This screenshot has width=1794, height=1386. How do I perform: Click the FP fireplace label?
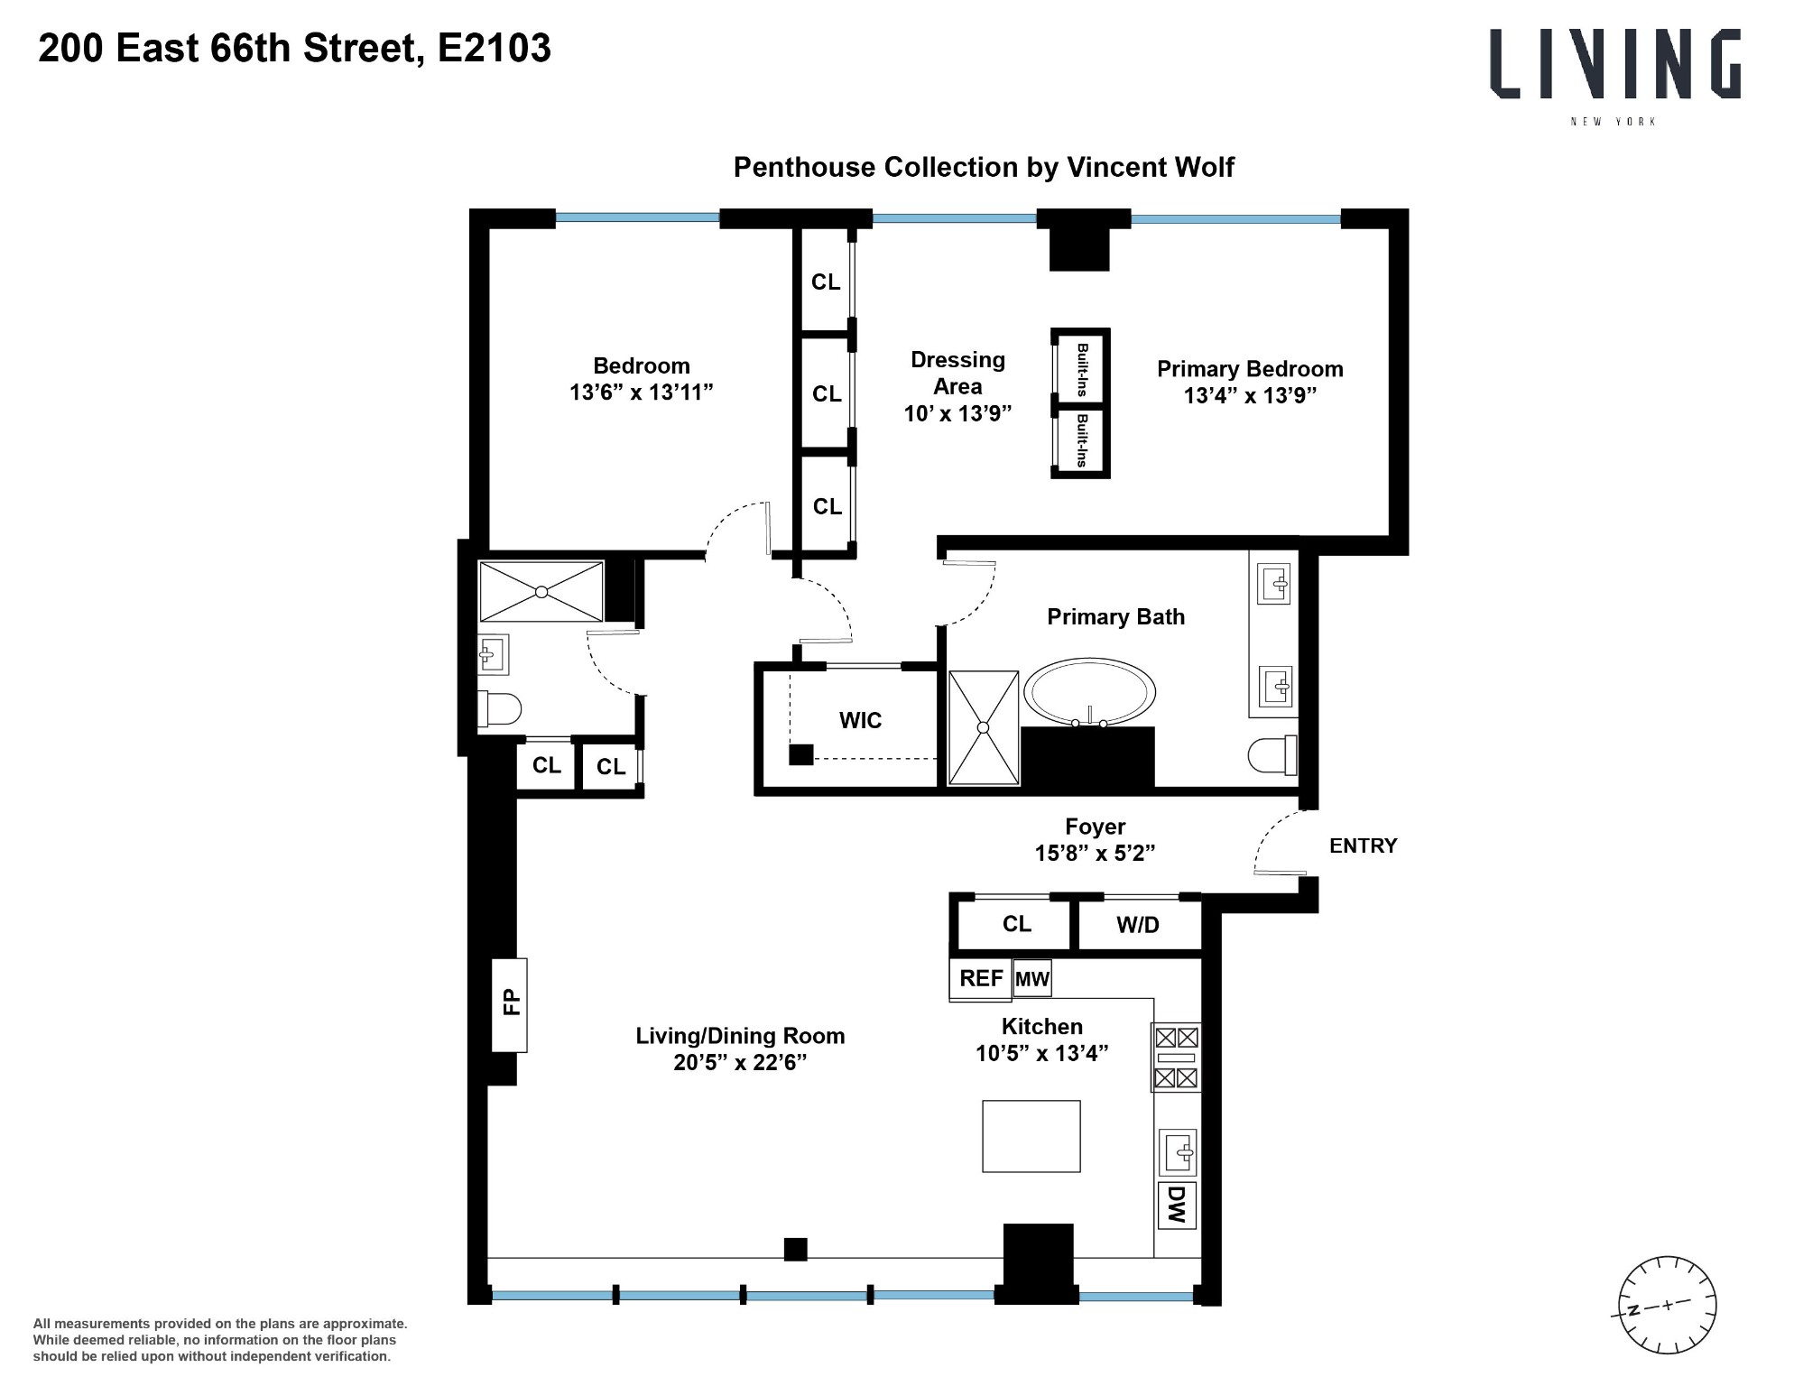pyautogui.click(x=511, y=1003)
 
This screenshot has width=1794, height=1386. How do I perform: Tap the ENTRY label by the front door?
pyautogui.click(x=1363, y=845)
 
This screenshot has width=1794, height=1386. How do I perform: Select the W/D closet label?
pyautogui.click(x=1137, y=925)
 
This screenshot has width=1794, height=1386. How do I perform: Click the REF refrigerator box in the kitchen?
pyautogui.click(x=980, y=979)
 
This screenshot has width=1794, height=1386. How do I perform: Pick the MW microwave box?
pyautogui.click(x=1032, y=979)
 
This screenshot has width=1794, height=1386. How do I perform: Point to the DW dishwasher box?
pyautogui.click(x=1176, y=1205)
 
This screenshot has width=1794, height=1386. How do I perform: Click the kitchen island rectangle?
pyautogui.click(x=1031, y=1135)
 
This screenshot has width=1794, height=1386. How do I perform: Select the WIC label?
pyautogui.click(x=860, y=720)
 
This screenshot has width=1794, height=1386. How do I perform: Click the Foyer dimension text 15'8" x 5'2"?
pyautogui.click(x=1095, y=853)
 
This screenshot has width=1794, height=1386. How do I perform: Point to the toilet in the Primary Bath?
pyautogui.click(x=1272, y=755)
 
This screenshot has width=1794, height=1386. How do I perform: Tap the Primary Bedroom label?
pyautogui.click(x=1250, y=369)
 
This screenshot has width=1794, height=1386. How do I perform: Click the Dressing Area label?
pyautogui.click(x=957, y=373)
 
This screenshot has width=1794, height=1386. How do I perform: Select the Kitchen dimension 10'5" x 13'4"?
pyautogui.click(x=1041, y=1052)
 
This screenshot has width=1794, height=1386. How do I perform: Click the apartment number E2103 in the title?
pyautogui.click(x=494, y=49)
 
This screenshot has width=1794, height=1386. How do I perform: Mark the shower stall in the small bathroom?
pyautogui.click(x=541, y=592)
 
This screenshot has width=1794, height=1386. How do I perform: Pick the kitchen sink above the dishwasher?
pyautogui.click(x=1177, y=1152)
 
